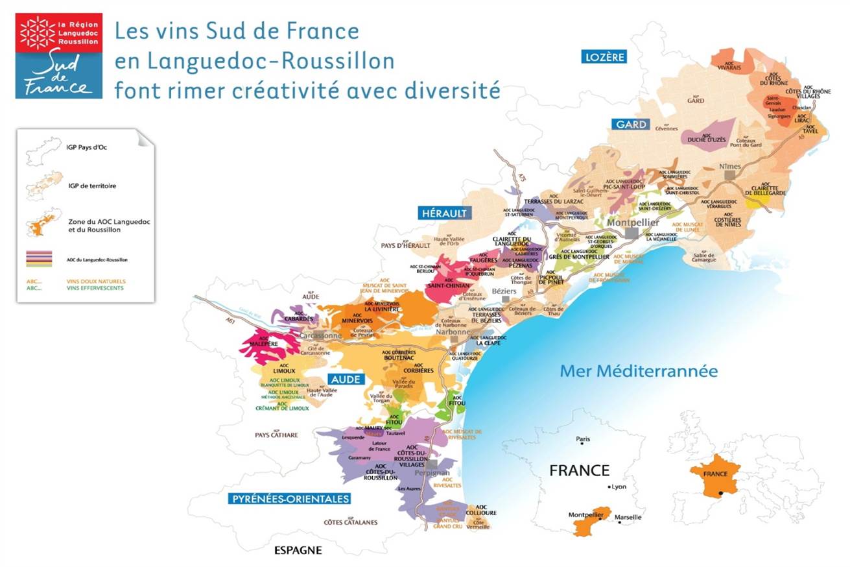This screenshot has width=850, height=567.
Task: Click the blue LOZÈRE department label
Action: click(604, 57)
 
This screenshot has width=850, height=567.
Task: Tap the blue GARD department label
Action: click(630, 124)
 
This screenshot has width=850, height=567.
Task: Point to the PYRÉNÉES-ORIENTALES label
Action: click(290, 499)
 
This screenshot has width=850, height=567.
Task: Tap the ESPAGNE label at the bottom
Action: click(298, 551)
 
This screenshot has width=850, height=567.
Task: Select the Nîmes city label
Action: click(730, 166)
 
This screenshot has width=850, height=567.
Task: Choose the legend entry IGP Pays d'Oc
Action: click(86, 147)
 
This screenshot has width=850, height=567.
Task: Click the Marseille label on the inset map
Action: click(629, 517)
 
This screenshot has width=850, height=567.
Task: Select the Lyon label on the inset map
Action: click(619, 487)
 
